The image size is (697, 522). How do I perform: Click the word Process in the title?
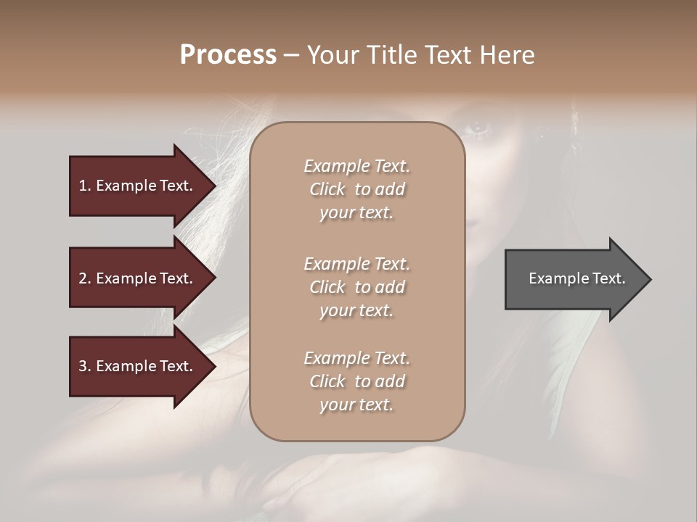click(x=228, y=55)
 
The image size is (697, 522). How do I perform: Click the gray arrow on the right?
click(x=574, y=279)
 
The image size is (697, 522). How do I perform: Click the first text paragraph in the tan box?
click(x=357, y=189)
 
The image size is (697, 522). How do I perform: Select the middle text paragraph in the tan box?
click(x=357, y=287)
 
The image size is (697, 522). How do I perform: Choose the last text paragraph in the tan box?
click(x=357, y=381)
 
